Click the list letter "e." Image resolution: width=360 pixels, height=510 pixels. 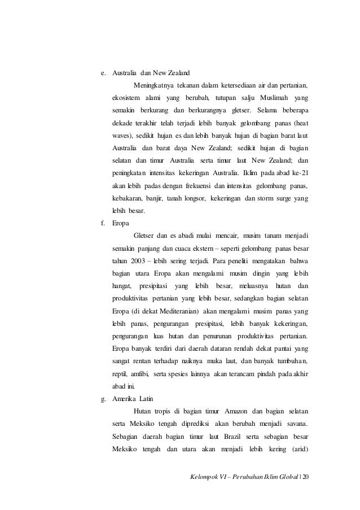103,73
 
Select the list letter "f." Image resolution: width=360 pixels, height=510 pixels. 103,223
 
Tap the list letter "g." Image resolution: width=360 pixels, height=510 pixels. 103,399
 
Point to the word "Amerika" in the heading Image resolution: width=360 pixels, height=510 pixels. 125,399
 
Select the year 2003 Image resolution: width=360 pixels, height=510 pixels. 140,261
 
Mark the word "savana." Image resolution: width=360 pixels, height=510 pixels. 297,424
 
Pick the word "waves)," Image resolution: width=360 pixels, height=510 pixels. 125,136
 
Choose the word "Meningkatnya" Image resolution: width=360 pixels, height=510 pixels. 153,85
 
